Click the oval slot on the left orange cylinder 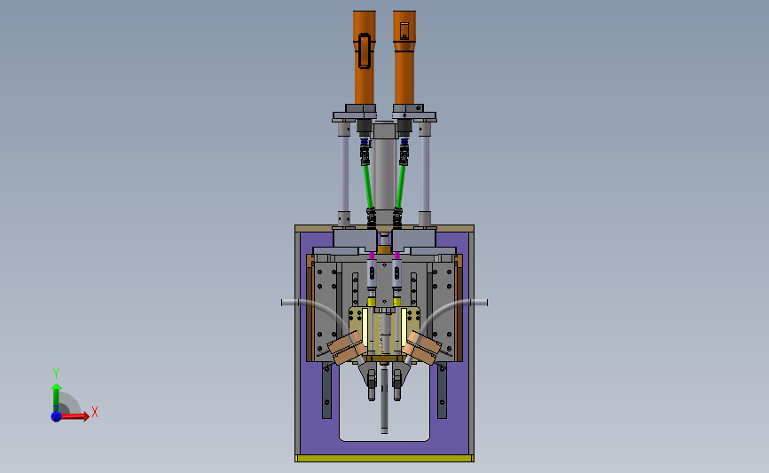pos(365,51)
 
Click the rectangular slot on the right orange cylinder pos(404,30)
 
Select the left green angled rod pos(367,186)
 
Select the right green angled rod pos(400,186)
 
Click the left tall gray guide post pos(344,174)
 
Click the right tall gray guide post pos(424,174)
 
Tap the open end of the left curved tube pos(283,303)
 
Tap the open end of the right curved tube pos(485,303)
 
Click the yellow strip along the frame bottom pos(384,458)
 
